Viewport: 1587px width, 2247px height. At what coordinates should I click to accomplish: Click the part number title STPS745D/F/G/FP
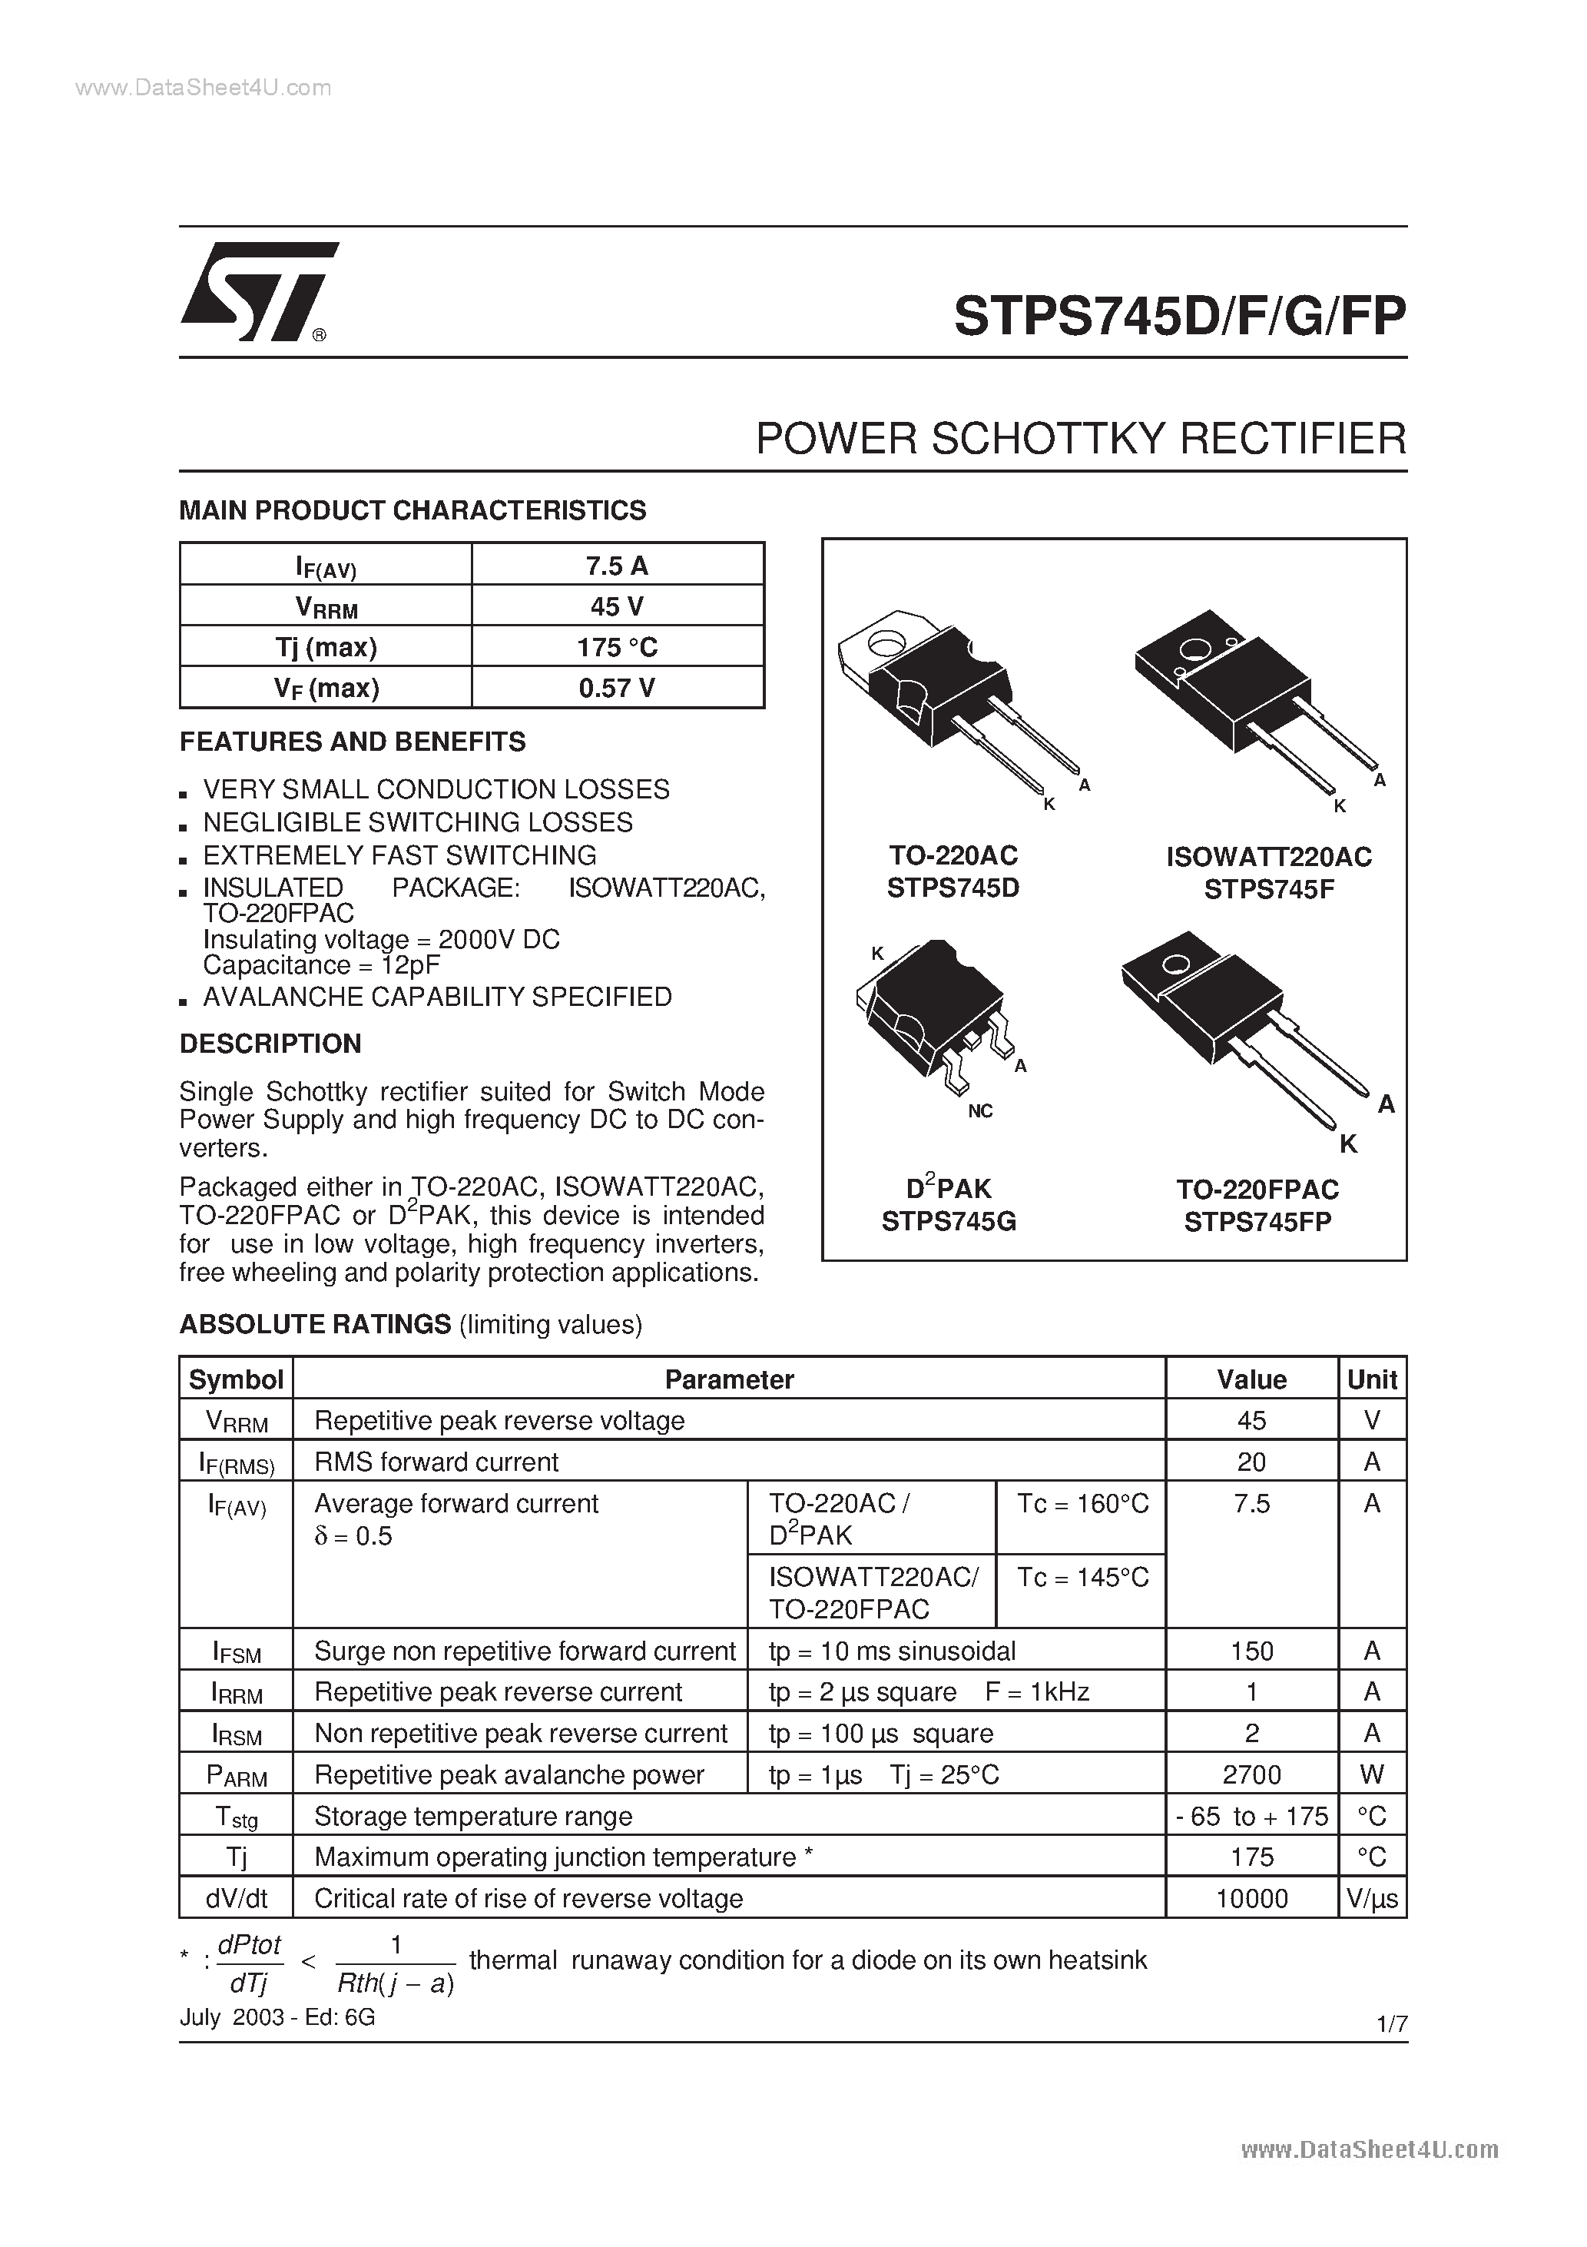coord(1179,317)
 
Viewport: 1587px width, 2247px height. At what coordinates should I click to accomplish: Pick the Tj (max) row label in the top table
coord(326,647)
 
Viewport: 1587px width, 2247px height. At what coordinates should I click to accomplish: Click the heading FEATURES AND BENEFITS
coord(353,742)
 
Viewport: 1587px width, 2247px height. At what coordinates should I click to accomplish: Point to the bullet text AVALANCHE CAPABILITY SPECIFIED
coord(436,997)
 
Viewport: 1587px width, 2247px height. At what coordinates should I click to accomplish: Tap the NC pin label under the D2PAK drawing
coord(979,1110)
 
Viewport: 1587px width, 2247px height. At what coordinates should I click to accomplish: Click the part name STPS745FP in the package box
coord(1257,1223)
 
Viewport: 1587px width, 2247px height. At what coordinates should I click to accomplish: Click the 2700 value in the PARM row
coord(1251,1774)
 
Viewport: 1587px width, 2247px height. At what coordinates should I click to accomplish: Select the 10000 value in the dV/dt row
coord(1251,1899)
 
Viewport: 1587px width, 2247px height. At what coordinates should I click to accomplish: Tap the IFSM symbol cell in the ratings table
coord(237,1652)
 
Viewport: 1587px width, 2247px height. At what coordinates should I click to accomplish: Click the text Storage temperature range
coord(472,1817)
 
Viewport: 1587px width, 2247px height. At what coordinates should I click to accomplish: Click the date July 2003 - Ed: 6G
coord(277,2017)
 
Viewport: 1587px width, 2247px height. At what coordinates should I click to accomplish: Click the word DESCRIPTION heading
coord(270,1044)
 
